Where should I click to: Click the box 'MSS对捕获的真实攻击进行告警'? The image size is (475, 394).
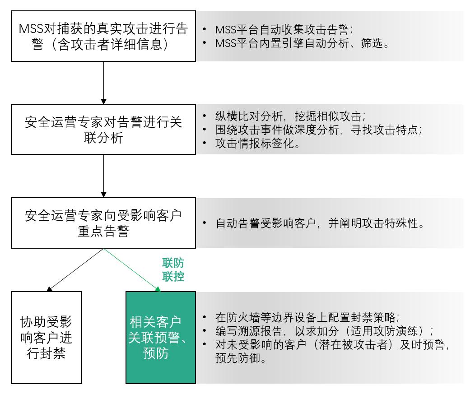(103, 36)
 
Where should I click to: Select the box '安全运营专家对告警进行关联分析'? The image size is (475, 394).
(103, 130)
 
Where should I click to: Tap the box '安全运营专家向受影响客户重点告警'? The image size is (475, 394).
(103, 223)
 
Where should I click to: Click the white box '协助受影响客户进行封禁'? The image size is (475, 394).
(47, 338)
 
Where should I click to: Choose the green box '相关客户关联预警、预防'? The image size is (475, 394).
(161, 338)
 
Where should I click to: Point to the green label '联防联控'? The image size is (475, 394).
(173, 269)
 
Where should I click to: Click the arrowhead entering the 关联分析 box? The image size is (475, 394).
(103, 102)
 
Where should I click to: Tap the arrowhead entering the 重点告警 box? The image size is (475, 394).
(103, 195)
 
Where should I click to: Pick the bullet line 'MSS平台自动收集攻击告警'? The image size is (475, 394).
(284, 29)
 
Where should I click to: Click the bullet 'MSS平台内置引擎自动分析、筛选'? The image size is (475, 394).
(302, 43)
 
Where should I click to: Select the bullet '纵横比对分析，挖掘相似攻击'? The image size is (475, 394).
(290, 116)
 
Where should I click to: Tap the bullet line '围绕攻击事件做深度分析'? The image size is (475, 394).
(319, 130)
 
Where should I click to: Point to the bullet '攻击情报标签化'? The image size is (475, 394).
(258, 143)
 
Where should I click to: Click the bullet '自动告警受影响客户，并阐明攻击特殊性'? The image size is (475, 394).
(320, 223)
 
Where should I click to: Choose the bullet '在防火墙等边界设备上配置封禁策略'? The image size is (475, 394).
(307, 317)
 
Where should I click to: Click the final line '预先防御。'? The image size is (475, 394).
(241, 358)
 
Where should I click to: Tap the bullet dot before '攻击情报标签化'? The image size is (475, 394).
(205, 143)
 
